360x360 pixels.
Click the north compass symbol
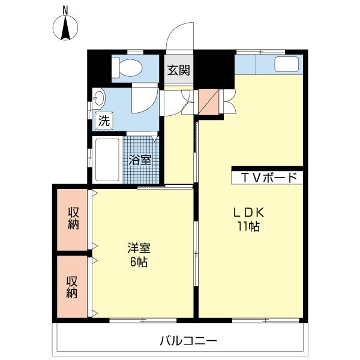point(65,28)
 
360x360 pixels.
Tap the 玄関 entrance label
point(179,70)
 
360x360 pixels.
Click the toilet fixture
point(127,68)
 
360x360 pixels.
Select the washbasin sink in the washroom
point(99,99)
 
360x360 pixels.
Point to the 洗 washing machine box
point(104,121)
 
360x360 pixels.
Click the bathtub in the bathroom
point(107,160)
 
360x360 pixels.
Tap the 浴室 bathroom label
point(140,160)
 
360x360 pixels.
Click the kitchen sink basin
point(287,64)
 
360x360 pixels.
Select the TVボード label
point(269,178)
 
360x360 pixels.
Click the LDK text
point(249,212)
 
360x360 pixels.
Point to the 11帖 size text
point(248,227)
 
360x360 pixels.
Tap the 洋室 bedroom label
point(139,248)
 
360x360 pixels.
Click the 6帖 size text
point(139,262)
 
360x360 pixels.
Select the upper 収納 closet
point(72,220)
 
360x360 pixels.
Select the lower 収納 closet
point(72,287)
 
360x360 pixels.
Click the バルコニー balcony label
point(188,341)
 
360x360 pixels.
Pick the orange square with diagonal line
point(208,102)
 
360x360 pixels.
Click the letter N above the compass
point(65,10)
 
